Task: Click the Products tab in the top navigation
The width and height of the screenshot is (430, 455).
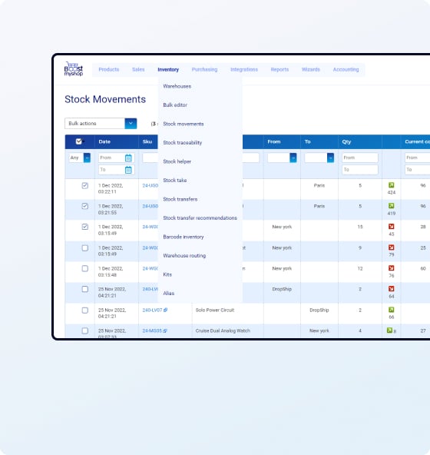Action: (x=109, y=70)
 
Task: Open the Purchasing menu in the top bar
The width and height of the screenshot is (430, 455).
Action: (x=204, y=70)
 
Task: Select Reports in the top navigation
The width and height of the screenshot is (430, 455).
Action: (x=279, y=70)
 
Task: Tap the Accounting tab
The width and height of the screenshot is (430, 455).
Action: (x=346, y=70)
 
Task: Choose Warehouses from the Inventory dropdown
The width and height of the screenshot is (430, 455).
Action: (x=177, y=86)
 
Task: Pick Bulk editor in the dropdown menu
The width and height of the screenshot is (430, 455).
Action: (x=175, y=105)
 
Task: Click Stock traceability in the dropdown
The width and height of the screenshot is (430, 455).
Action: (x=183, y=143)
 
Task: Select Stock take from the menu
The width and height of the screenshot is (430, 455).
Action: (x=175, y=181)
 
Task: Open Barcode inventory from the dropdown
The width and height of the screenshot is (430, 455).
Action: (x=184, y=237)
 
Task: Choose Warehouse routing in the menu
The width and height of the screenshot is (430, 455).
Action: (x=184, y=255)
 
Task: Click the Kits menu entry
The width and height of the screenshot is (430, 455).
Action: (x=168, y=274)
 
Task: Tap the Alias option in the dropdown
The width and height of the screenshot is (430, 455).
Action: (x=169, y=293)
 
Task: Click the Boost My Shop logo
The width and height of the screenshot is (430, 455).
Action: (x=74, y=69)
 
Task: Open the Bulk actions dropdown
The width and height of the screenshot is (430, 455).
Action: (x=101, y=123)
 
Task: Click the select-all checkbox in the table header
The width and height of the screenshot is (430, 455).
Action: (x=79, y=141)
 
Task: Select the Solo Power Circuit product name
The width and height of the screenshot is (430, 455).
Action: (x=217, y=311)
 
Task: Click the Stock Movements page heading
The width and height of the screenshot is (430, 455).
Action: (x=105, y=99)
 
